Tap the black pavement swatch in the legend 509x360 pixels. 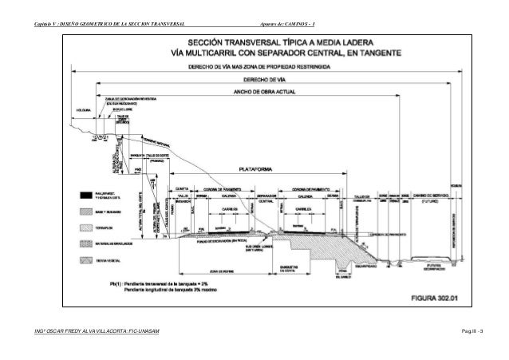pos(85,194)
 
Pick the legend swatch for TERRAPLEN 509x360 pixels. pos(85,227)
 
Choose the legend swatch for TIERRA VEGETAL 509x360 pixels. pos(85,261)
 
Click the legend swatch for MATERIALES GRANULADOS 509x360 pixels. pos(85,244)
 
